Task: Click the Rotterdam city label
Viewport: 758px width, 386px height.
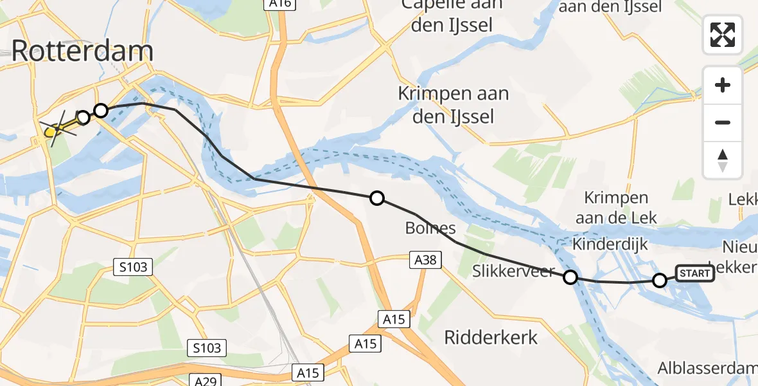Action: click(x=82, y=51)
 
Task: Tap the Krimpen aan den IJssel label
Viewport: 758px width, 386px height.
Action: click(x=453, y=105)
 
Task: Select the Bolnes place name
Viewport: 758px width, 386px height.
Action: click(x=430, y=228)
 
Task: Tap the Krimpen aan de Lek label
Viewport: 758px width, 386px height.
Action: click(x=616, y=208)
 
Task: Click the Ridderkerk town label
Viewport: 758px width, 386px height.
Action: click(x=491, y=337)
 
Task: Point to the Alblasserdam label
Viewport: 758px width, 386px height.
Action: click(x=707, y=368)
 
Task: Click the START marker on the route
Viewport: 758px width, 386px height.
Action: click(x=694, y=273)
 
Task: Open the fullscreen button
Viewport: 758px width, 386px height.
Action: click(x=723, y=34)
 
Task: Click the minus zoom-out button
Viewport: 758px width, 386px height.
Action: click(x=723, y=122)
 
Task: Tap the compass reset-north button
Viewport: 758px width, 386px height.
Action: click(x=723, y=160)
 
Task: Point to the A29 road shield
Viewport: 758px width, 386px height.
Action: click(x=205, y=381)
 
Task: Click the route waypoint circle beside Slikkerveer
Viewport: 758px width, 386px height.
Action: click(x=570, y=277)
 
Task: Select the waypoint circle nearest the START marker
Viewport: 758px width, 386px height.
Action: click(x=660, y=280)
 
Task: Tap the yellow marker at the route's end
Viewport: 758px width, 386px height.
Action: click(x=51, y=133)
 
